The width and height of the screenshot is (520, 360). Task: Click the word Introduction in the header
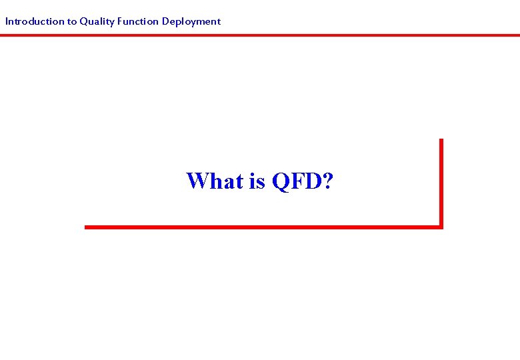[34, 21]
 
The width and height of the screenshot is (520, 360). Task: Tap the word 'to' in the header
[71, 21]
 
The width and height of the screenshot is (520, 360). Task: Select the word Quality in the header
[96, 21]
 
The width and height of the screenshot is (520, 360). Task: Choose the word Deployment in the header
[191, 21]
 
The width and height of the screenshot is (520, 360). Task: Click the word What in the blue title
[215, 181]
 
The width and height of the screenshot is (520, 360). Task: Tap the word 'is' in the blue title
[257, 181]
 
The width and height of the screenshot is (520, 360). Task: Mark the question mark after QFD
[327, 181]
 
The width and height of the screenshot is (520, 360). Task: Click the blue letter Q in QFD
[280, 181]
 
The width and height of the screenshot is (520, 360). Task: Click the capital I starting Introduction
[7, 21]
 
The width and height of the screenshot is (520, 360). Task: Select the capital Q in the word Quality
[83, 21]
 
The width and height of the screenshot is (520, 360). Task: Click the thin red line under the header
[260, 35]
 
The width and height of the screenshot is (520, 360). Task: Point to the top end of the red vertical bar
[441, 141]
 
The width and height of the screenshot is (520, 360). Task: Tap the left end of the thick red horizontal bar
[87, 227]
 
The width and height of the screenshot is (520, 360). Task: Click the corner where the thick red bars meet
[441, 227]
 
